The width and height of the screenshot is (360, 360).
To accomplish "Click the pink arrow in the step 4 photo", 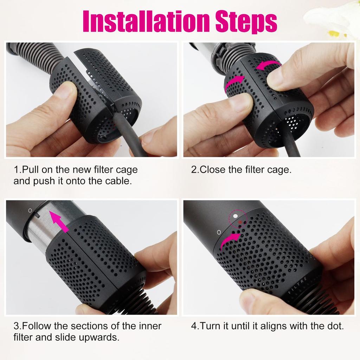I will [230, 241].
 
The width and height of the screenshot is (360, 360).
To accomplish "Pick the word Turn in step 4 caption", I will [208, 326].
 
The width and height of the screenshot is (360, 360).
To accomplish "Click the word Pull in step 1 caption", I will [30, 170].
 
